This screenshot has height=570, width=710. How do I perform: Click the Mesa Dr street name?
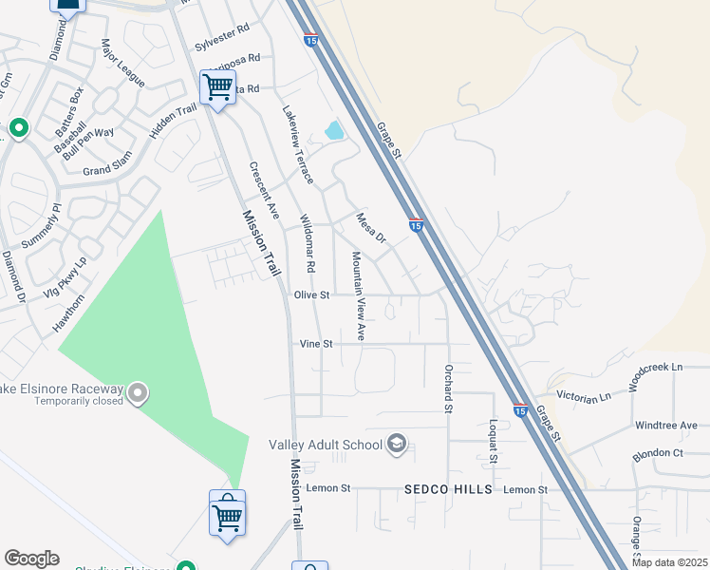coord(372,228)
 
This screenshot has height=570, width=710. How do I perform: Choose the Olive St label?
coord(310,295)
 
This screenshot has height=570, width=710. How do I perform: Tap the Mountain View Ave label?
coord(358,296)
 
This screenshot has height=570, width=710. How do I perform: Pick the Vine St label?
coord(316,344)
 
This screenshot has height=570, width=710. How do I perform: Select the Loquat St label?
coord(494,440)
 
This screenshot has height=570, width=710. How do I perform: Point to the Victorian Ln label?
coord(585,398)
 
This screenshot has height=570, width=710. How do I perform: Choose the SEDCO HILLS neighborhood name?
coord(449,489)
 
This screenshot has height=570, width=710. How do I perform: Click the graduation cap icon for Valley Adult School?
coord(397,444)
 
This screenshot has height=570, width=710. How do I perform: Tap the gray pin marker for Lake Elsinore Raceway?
coord(138,391)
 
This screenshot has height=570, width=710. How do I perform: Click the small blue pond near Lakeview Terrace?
coord(333,131)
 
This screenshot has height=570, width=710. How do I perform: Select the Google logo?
coord(31,559)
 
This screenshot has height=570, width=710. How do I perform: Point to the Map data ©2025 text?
coord(671,562)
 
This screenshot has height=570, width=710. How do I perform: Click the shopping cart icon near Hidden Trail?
coord(217,87)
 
